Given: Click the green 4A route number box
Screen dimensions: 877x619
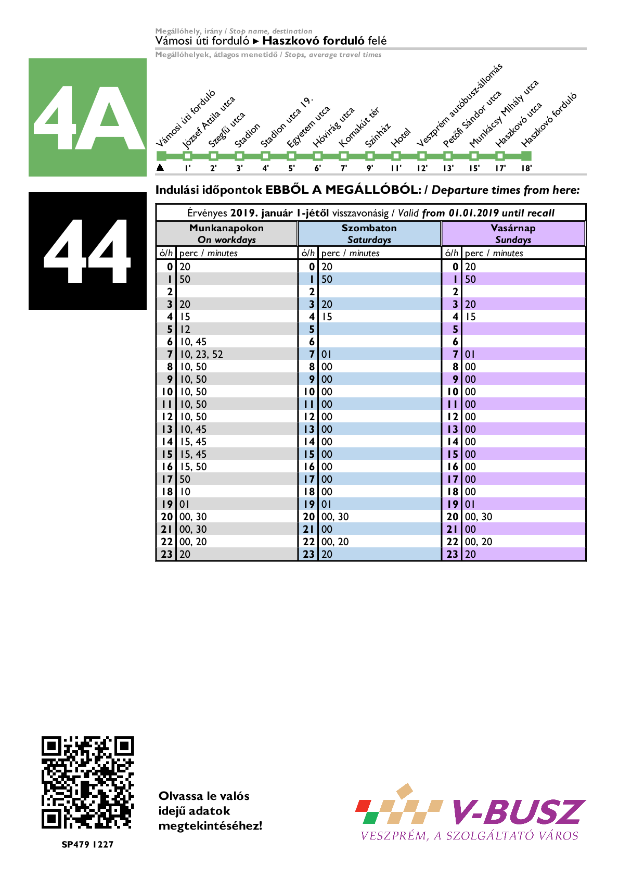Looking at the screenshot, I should [87, 117].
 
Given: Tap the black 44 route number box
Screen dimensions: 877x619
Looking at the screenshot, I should [87, 250].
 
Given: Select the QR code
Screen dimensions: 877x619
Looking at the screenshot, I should [87, 782].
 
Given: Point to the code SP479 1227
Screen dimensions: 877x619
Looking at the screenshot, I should [87, 844].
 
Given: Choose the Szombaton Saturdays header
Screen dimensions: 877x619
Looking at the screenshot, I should [369, 233].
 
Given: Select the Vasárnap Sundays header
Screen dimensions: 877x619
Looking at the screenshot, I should [513, 233].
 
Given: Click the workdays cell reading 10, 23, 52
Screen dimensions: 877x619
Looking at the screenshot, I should [202, 354].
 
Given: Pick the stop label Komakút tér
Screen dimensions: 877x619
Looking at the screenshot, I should [359, 127].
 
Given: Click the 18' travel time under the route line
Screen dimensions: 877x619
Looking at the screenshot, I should [526, 168].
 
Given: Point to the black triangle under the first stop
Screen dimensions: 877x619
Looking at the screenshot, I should [160, 167].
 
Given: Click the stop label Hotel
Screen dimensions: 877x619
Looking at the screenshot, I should [401, 137].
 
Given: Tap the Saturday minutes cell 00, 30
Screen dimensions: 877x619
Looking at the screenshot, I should [335, 517].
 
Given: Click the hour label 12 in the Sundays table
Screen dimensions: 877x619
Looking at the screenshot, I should [453, 417].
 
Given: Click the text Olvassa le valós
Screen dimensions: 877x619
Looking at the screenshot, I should [204, 796].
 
